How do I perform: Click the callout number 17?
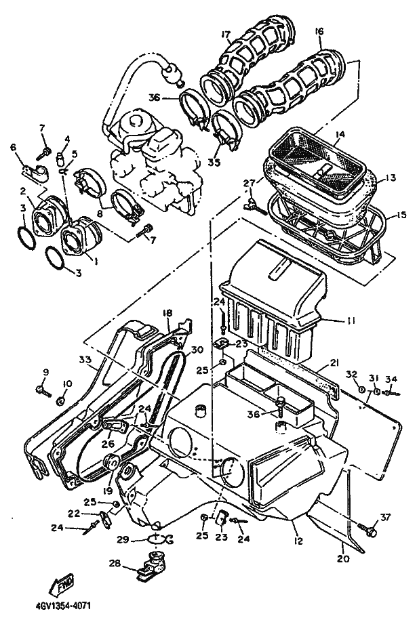click(226, 36)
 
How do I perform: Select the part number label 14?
click(339, 134)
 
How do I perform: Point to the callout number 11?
click(351, 320)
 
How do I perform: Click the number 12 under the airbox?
click(298, 541)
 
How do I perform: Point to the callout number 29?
click(123, 539)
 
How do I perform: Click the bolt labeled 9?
click(43, 391)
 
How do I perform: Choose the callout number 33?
click(85, 360)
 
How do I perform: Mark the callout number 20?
click(343, 558)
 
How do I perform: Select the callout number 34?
click(391, 379)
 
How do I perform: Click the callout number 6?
click(14, 147)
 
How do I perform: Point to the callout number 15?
click(401, 215)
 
